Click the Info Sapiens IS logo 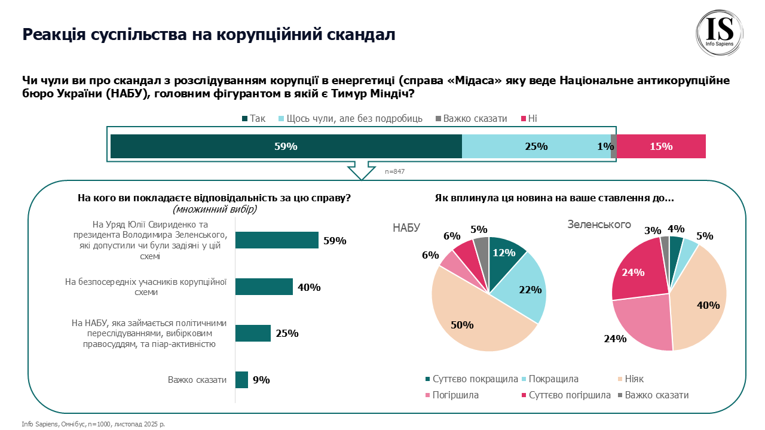coord(720,33)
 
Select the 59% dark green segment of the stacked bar coord(286,146)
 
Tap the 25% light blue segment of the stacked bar coord(536,146)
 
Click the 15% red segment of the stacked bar coord(661,146)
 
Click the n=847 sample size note coord(394,171)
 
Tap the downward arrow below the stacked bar coord(362,170)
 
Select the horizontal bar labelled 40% coord(264,287)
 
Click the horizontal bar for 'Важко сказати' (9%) coord(241,380)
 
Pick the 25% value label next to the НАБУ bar coord(287,333)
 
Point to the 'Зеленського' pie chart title coord(599,225)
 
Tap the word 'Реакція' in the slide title coord(53,34)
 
